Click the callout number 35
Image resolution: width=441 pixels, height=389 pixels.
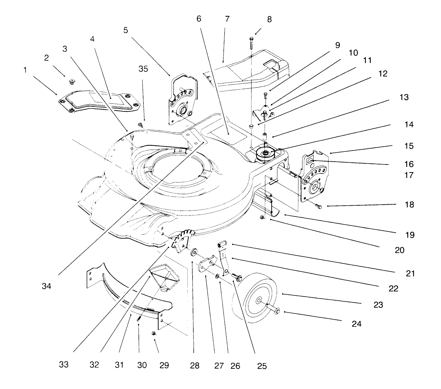(x=143, y=69)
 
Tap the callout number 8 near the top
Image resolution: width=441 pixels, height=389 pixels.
(x=269, y=19)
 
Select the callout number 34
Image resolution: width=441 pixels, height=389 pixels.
(x=46, y=286)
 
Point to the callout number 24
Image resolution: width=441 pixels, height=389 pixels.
(x=357, y=324)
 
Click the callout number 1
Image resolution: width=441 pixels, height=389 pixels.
(x=25, y=70)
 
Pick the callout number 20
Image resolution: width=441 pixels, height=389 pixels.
(x=399, y=250)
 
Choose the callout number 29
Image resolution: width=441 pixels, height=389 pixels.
(x=164, y=365)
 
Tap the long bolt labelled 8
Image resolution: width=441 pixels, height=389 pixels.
(x=252, y=43)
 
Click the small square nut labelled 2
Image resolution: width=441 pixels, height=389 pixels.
(x=72, y=82)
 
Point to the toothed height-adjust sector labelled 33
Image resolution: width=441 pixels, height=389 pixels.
(x=184, y=240)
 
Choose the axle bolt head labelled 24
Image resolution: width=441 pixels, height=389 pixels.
(x=277, y=310)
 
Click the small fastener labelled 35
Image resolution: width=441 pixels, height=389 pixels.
(x=140, y=124)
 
